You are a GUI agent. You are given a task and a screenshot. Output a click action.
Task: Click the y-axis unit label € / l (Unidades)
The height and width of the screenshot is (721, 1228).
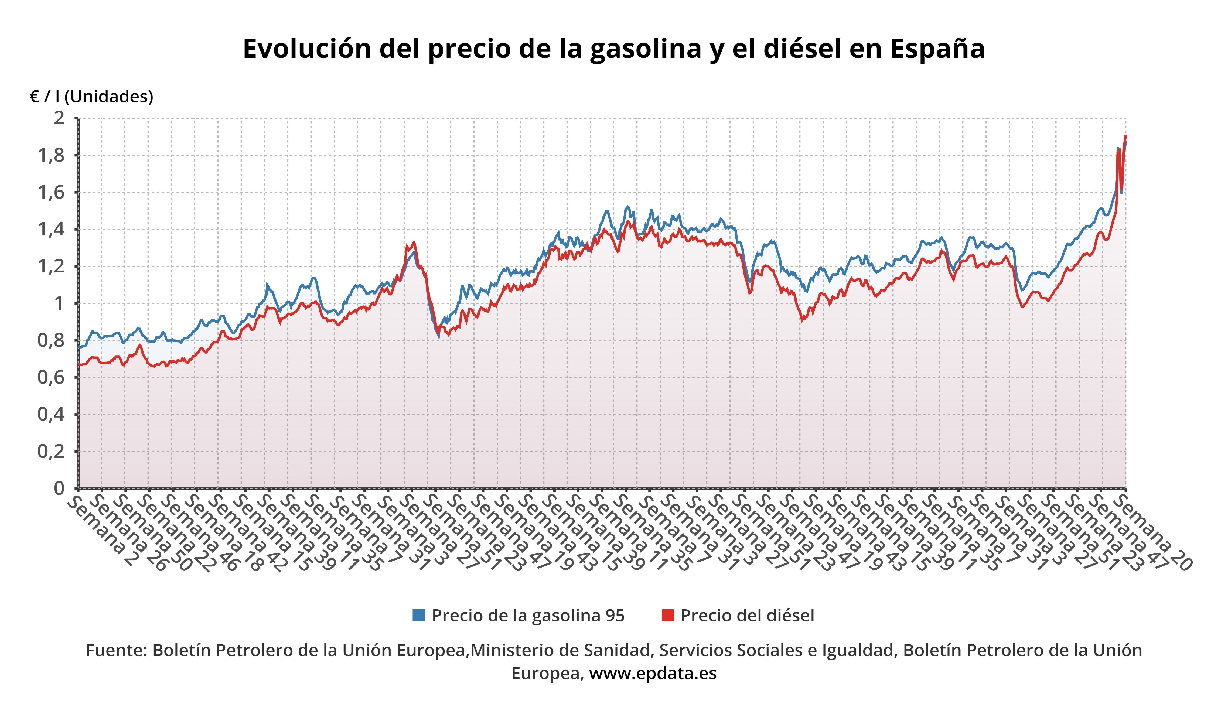(x=92, y=97)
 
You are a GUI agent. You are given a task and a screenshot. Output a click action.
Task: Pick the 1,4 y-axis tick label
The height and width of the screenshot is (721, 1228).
(x=52, y=230)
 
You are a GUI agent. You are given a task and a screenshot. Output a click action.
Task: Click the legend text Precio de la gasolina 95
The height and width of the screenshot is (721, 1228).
(x=528, y=615)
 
